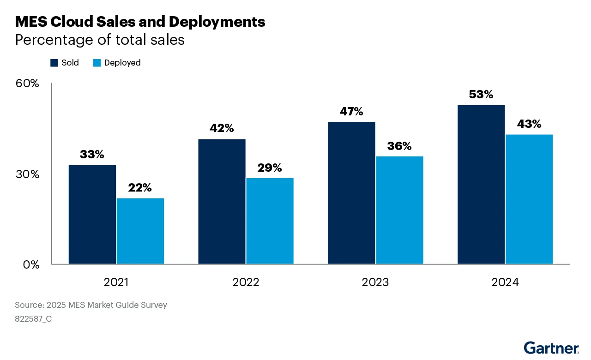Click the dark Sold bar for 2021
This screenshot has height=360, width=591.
(92, 215)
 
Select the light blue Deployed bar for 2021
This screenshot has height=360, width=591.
(140, 231)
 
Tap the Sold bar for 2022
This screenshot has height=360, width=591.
(222, 202)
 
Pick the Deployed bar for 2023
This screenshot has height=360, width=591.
(399, 210)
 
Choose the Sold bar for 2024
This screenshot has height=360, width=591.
(481, 185)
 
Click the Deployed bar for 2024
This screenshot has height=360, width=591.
(529, 199)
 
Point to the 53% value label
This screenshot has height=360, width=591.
(481, 95)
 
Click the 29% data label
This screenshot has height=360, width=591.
(269, 168)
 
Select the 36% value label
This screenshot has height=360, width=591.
(399, 146)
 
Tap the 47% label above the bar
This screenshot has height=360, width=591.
(351, 112)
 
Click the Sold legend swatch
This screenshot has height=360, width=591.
(54, 63)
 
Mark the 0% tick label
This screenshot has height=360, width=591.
(31, 264)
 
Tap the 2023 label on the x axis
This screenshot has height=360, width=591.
(375, 282)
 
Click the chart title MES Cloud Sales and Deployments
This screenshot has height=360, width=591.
(140, 22)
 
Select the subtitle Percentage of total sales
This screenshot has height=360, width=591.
(100, 40)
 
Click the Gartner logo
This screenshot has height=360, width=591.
(551, 348)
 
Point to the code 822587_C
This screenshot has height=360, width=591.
(33, 318)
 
